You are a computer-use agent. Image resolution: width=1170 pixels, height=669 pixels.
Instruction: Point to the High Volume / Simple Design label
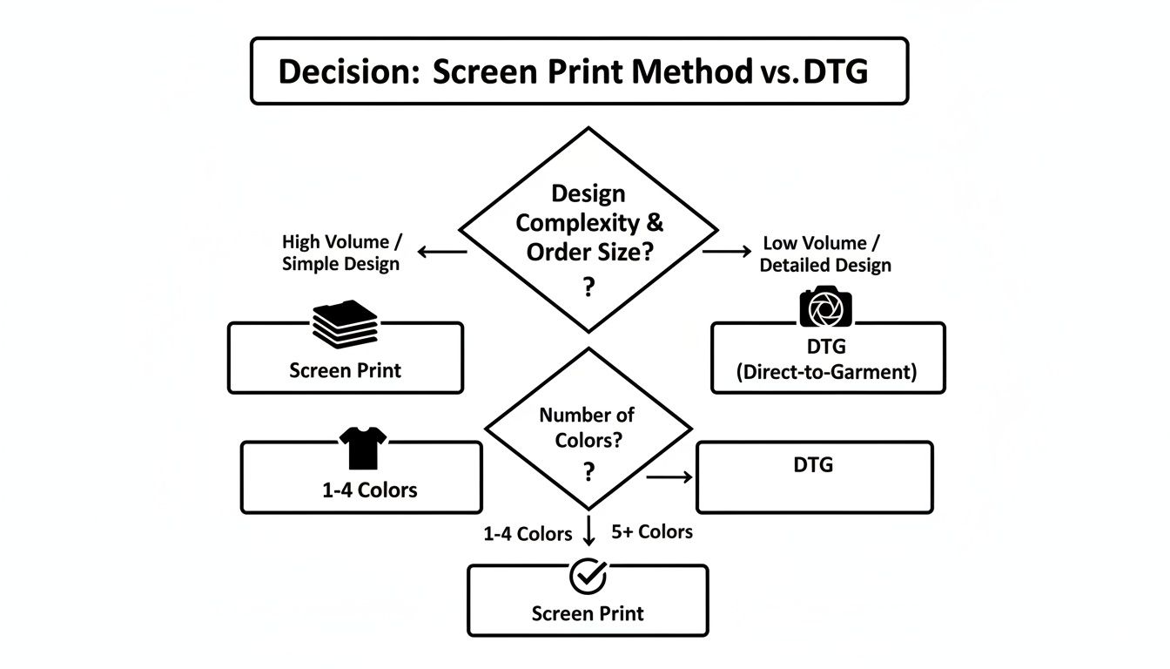[x=340, y=253]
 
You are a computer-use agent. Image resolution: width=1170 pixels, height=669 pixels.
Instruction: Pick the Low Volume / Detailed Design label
[x=825, y=253]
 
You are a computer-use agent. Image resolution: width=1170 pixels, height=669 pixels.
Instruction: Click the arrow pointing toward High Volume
[x=442, y=252]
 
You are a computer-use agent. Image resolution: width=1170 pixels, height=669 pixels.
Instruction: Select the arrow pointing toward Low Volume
[x=727, y=251]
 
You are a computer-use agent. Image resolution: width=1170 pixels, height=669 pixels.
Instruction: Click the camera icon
[x=825, y=307]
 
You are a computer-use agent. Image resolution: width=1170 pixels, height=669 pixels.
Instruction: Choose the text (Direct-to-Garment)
[x=826, y=372]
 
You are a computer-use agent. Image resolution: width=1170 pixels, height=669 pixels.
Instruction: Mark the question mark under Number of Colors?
[x=589, y=472]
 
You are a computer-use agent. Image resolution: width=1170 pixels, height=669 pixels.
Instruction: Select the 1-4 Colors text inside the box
[x=370, y=490]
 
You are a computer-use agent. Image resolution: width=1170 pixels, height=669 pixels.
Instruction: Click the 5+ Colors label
[x=652, y=531]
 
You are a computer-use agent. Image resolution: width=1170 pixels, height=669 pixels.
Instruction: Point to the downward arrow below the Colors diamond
[x=589, y=530]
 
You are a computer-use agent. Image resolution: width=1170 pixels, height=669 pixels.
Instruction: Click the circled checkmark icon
[x=588, y=576]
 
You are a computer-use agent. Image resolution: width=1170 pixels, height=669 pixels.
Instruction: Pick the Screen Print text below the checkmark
[x=588, y=613]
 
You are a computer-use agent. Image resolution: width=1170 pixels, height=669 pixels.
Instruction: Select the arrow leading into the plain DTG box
[x=669, y=476]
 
